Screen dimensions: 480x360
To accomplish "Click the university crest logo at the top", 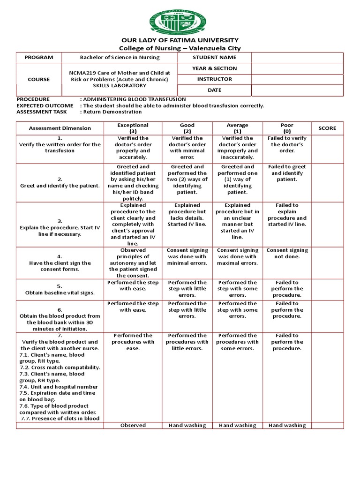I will tap(180, 18).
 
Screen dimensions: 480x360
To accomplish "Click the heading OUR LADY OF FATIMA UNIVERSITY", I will tap(180, 40).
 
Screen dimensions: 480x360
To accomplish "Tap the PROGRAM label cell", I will tap(39, 58).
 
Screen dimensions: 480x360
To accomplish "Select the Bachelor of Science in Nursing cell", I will tap(120, 58).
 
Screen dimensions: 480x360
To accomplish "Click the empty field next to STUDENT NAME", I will tap(297, 58).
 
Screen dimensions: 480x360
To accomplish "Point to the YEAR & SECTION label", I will tap(215, 68).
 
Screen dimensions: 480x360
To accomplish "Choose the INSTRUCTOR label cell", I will tap(215, 79).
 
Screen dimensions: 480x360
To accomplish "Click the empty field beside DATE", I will tap(297, 90).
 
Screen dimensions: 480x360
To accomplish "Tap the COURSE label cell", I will tap(39, 79).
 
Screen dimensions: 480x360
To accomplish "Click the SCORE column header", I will tap(327, 128).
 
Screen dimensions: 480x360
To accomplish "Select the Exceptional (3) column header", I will tap(133, 128).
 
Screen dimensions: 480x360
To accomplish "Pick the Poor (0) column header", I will tap(287, 128).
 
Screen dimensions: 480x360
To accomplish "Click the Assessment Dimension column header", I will tap(60, 128).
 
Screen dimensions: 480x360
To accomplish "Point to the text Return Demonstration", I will tap(112, 112).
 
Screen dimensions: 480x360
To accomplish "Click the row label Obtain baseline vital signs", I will tap(60, 292).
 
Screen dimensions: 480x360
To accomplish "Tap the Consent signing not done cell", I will tap(287, 254).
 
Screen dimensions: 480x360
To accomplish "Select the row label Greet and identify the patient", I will tap(60, 186).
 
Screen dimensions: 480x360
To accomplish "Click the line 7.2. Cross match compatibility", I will tap(60, 367).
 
